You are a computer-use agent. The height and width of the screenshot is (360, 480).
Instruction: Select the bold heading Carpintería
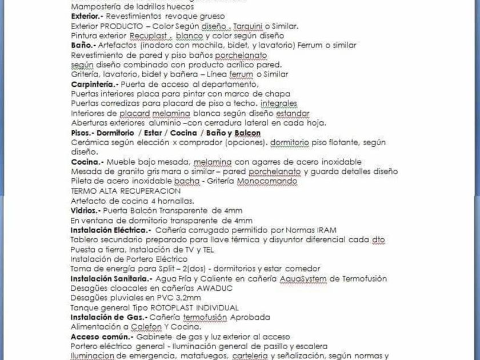pos(94,84)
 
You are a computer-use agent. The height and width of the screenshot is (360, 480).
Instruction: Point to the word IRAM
pos(326,230)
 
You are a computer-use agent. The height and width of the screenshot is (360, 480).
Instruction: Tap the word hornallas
pos(175,201)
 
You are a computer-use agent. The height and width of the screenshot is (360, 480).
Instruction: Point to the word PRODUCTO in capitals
pos(123,26)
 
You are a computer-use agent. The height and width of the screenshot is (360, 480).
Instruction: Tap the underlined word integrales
pos(279,103)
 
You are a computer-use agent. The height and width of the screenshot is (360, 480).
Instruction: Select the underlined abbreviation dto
pos(379,239)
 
